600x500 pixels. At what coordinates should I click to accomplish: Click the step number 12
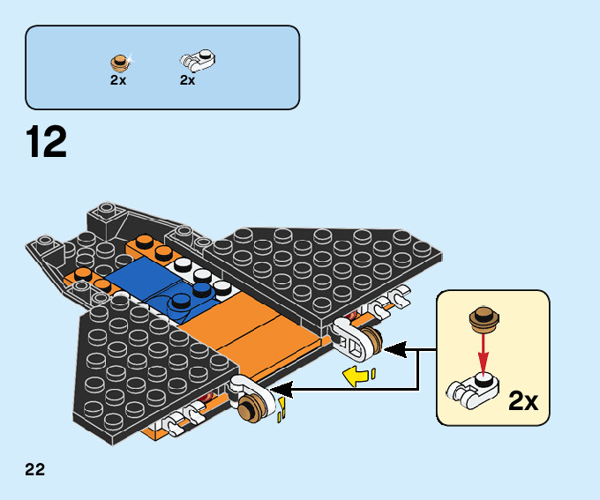tap(47, 143)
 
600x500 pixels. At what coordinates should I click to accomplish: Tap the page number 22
tap(35, 469)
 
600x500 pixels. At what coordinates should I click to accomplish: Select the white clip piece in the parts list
tap(199, 61)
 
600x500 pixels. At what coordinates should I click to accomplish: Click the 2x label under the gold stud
tap(118, 79)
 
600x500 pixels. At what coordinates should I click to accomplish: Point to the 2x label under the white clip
tap(187, 79)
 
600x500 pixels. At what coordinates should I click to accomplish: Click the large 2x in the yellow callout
tap(524, 401)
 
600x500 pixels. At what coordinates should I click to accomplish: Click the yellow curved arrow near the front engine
tap(283, 409)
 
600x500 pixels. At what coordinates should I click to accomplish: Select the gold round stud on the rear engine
tap(367, 343)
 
